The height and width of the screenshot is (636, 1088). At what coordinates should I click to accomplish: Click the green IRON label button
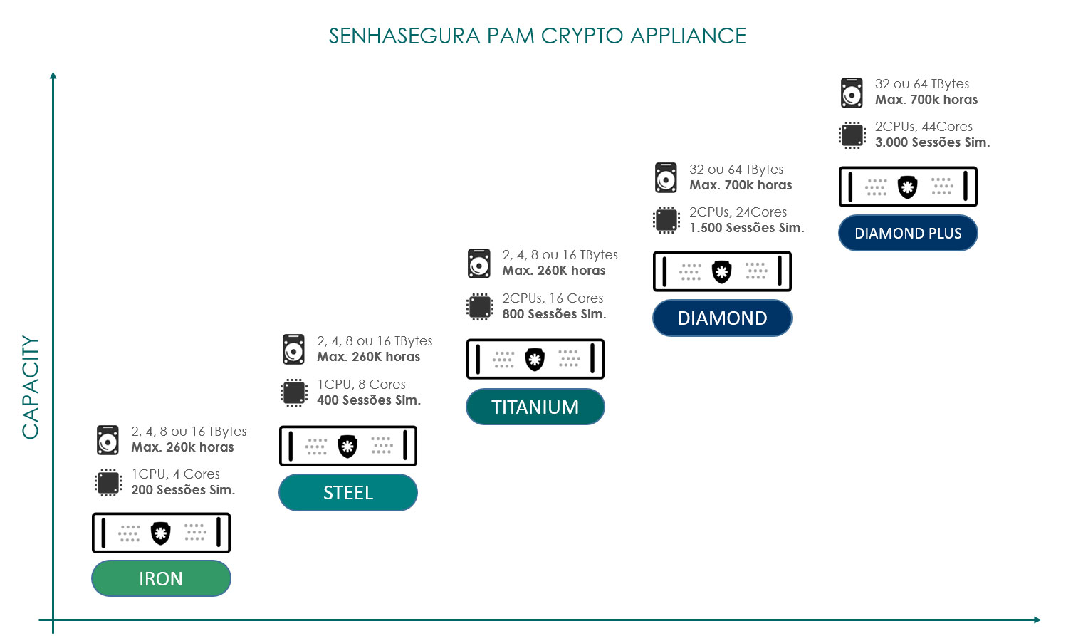pos(161,578)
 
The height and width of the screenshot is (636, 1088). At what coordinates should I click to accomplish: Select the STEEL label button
pos(347,493)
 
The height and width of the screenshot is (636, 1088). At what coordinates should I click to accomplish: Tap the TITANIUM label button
pos(535,407)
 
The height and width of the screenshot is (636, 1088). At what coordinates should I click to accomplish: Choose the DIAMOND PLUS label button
pos(908,234)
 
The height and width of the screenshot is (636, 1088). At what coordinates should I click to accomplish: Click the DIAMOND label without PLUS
pos(722,318)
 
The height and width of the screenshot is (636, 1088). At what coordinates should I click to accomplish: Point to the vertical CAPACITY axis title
pos(30,387)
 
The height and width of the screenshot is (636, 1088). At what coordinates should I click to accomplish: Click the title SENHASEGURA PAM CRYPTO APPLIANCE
pos(537,36)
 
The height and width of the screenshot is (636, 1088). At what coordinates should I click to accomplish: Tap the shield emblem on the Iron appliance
pos(161,533)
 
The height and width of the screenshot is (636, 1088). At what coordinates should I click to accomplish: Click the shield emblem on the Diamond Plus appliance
pos(907,187)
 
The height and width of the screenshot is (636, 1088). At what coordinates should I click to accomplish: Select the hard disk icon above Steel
pos(293,349)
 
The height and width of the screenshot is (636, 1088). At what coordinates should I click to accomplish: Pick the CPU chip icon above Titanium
pos(479,307)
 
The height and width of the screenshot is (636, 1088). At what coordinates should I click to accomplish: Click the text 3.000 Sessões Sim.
pos(932,142)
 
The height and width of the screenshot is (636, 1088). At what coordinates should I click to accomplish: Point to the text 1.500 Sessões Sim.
pos(746,228)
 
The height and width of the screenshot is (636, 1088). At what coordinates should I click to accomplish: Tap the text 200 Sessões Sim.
pos(183,490)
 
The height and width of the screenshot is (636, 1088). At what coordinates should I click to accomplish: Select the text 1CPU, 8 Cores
pos(361,385)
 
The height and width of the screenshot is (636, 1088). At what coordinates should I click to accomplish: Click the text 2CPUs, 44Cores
pos(924,127)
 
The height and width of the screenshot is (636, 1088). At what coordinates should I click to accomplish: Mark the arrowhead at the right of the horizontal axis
pos(1037,620)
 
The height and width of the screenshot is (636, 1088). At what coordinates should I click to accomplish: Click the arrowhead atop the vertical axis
pos(53,75)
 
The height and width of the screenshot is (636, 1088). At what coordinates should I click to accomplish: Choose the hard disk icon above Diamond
pos(666,178)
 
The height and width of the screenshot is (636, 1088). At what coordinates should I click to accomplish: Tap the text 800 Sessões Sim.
pos(554,314)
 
